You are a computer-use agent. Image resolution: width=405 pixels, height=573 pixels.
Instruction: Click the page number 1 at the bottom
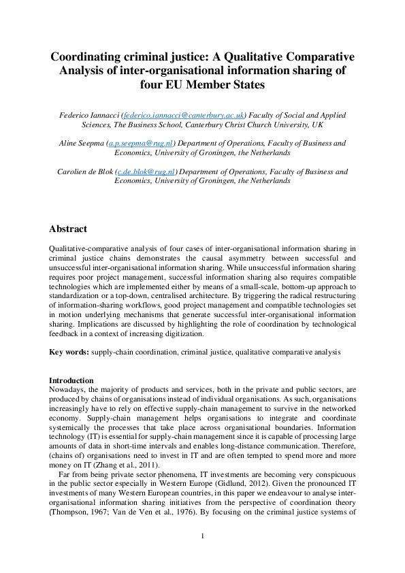[x=202, y=555]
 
